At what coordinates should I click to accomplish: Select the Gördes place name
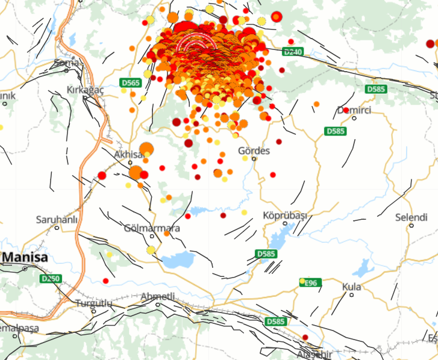(x=254, y=151)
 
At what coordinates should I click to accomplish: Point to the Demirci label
(x=354, y=110)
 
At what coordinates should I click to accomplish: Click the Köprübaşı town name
(x=285, y=216)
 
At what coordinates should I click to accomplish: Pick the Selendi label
(x=411, y=217)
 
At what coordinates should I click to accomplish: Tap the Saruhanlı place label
(x=57, y=219)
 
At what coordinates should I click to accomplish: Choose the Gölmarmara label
(x=151, y=229)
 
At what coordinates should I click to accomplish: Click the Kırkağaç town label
(x=85, y=90)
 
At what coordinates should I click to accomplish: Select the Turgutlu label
(x=94, y=303)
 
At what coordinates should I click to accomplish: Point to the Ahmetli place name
(x=157, y=296)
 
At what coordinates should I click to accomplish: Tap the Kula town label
(x=351, y=287)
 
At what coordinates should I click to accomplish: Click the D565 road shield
(x=131, y=82)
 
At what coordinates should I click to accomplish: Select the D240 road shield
(x=293, y=52)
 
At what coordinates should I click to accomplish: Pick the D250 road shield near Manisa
(x=51, y=279)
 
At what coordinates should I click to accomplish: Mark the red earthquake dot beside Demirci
(x=346, y=110)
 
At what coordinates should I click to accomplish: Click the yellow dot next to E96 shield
(x=302, y=281)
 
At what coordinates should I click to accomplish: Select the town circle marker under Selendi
(x=411, y=226)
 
